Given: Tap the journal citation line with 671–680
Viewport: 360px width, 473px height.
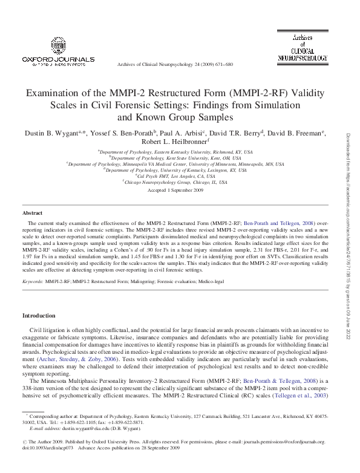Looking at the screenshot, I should point(174,65).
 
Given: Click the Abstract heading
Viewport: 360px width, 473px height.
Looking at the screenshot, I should point(32,213).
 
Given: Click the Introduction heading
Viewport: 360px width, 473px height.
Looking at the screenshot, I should point(39,316).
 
